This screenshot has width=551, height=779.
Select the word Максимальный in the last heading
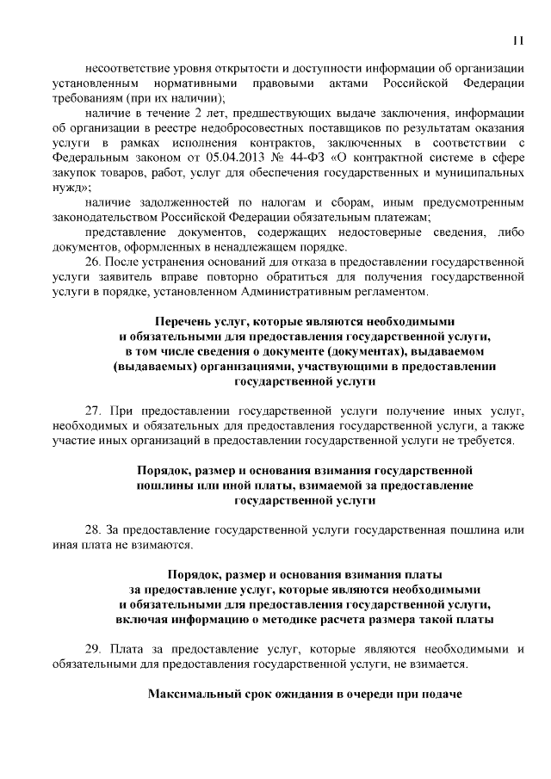tap(194, 694)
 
